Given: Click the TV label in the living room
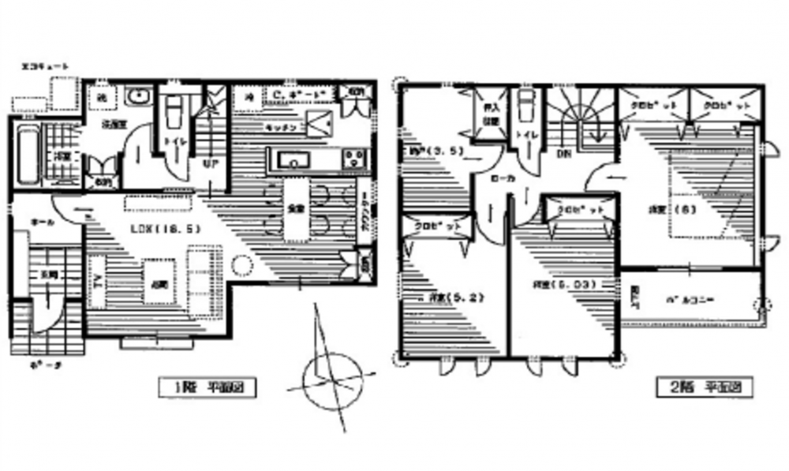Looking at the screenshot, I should [98, 280].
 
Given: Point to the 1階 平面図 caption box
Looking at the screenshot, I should [208, 387].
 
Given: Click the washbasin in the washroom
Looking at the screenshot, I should [140, 97].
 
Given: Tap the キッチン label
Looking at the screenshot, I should [280, 126].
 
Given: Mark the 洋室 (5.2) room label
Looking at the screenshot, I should [452, 297].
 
